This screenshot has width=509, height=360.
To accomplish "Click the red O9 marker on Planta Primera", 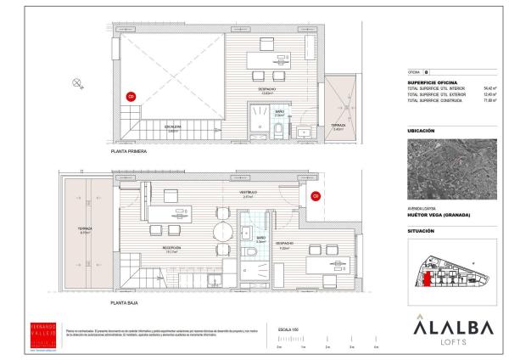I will click(131, 97).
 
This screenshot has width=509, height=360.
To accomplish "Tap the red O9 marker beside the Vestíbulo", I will click(315, 196).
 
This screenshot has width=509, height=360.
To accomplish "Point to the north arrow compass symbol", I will click(77, 82).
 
